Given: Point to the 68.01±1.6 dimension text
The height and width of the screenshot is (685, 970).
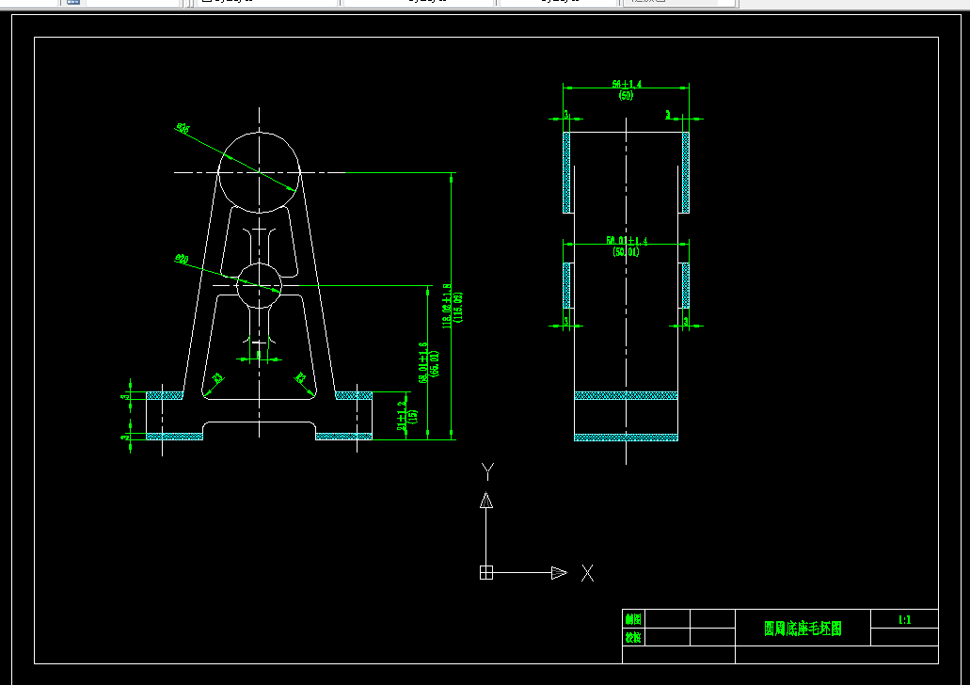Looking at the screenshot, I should click(x=428, y=362).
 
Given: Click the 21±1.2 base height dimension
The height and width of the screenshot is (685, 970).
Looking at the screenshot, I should click(x=405, y=413).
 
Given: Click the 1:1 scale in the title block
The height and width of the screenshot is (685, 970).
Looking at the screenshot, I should click(x=904, y=619).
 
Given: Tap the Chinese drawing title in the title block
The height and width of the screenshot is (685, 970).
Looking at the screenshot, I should click(x=803, y=629).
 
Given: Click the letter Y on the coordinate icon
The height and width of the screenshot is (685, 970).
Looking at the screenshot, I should click(x=487, y=470).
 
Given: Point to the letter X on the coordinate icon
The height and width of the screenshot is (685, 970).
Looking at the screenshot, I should click(x=587, y=573).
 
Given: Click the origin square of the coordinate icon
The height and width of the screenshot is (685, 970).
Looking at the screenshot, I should click(x=486, y=572).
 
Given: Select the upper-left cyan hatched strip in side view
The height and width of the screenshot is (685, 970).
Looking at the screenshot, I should click(x=567, y=171).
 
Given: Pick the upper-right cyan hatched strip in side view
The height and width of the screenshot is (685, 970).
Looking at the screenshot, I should click(x=686, y=171).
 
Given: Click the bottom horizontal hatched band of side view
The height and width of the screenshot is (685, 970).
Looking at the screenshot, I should click(x=626, y=438).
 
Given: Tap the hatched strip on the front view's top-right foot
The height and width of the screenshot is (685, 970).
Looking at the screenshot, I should click(x=354, y=395).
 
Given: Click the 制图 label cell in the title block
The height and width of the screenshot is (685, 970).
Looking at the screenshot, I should click(x=633, y=619).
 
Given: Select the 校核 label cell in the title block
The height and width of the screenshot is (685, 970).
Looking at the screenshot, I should click(x=633, y=637).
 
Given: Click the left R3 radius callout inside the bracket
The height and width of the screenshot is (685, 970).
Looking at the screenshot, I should click(x=217, y=378).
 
